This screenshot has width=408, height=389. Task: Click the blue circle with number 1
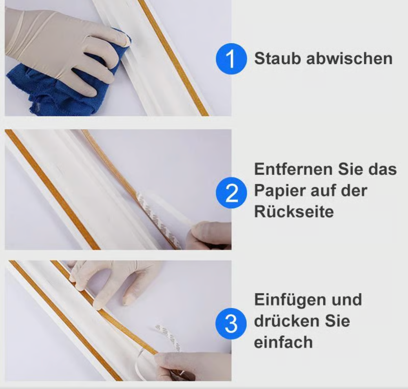tap(231, 60)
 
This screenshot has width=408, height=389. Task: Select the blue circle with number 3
tap(231, 324)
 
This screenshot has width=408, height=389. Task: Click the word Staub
tap(277, 59)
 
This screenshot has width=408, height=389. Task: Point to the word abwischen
tap(349, 59)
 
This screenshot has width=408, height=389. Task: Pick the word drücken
tap(285, 321)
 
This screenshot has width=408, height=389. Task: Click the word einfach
tap(283, 342)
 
